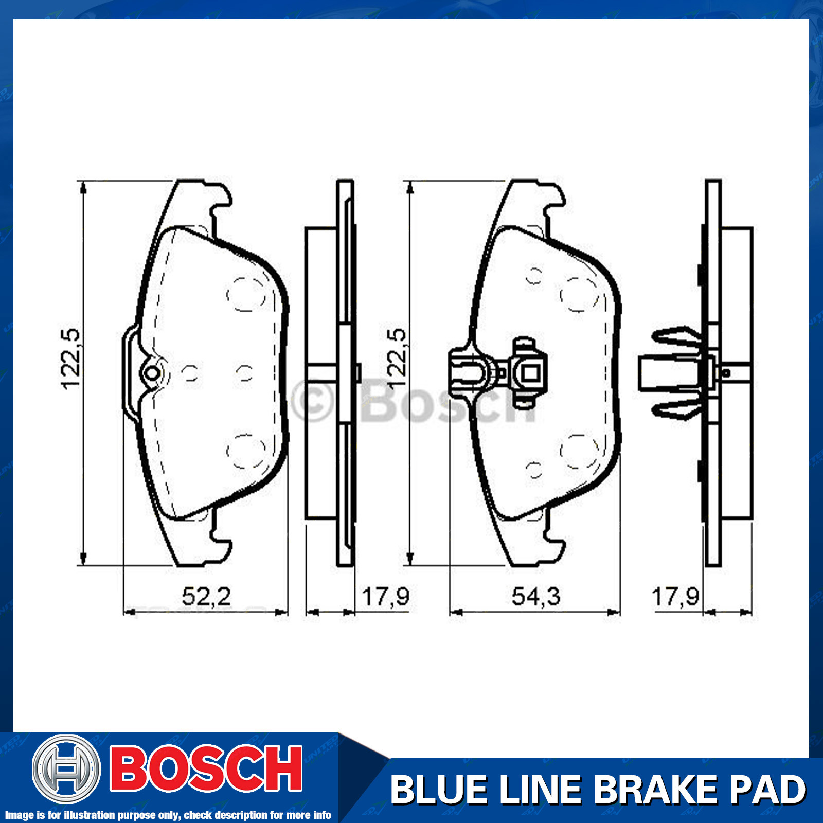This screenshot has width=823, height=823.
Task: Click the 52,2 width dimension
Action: point(206,597)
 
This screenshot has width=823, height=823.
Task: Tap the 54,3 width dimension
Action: point(536,597)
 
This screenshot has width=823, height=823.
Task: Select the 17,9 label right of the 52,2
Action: point(385,597)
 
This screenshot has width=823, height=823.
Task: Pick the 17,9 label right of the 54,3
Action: point(675,597)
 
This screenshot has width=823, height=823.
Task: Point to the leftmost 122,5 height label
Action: point(70,359)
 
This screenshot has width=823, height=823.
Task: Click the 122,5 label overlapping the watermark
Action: point(397,359)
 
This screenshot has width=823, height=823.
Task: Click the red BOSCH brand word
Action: point(206,769)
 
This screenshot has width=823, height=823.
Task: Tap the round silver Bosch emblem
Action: point(66,768)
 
